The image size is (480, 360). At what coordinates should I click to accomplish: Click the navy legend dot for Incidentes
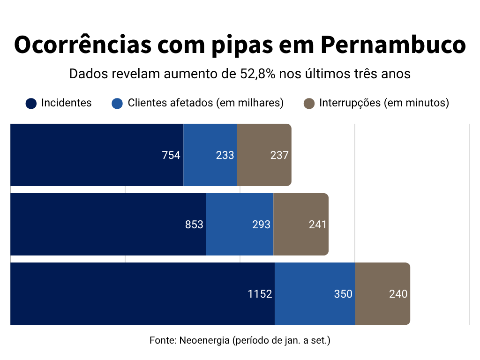pyautogui.click(x=31, y=104)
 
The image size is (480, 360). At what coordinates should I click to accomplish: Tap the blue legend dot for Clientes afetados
pyautogui.click(x=117, y=104)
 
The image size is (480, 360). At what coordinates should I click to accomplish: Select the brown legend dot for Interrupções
pyautogui.click(x=309, y=104)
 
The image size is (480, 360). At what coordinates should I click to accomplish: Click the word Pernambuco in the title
pyautogui.click(x=393, y=45)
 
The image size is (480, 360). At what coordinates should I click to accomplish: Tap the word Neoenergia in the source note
pyautogui.click(x=204, y=340)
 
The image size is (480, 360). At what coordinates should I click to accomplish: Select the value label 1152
pyautogui.click(x=260, y=294)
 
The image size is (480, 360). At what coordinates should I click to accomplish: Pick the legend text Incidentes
pyautogui.click(x=67, y=103)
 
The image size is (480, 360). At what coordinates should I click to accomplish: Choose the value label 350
pyautogui.click(x=343, y=294)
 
